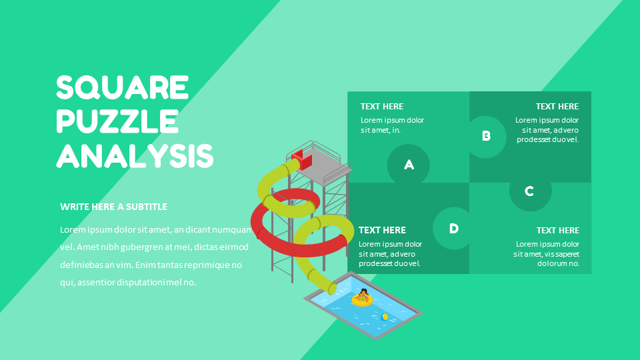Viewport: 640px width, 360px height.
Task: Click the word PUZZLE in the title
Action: point(117,121)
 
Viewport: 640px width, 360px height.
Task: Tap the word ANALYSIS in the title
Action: point(135,155)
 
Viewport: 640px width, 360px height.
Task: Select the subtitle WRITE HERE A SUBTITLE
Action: point(113,207)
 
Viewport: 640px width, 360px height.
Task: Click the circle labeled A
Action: point(408,165)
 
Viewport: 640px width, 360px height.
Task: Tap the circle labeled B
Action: point(486,137)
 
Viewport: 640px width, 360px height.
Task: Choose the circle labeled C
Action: point(530,191)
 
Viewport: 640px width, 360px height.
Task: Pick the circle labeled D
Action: point(453,228)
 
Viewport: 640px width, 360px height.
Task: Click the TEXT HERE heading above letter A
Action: point(381,107)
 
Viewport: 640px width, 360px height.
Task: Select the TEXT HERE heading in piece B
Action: point(557,107)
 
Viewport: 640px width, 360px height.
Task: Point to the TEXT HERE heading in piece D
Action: point(382,230)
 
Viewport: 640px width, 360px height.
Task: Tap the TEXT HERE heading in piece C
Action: point(557,230)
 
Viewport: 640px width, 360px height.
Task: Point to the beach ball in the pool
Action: point(384,317)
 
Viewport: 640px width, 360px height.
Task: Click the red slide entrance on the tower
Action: point(301,159)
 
